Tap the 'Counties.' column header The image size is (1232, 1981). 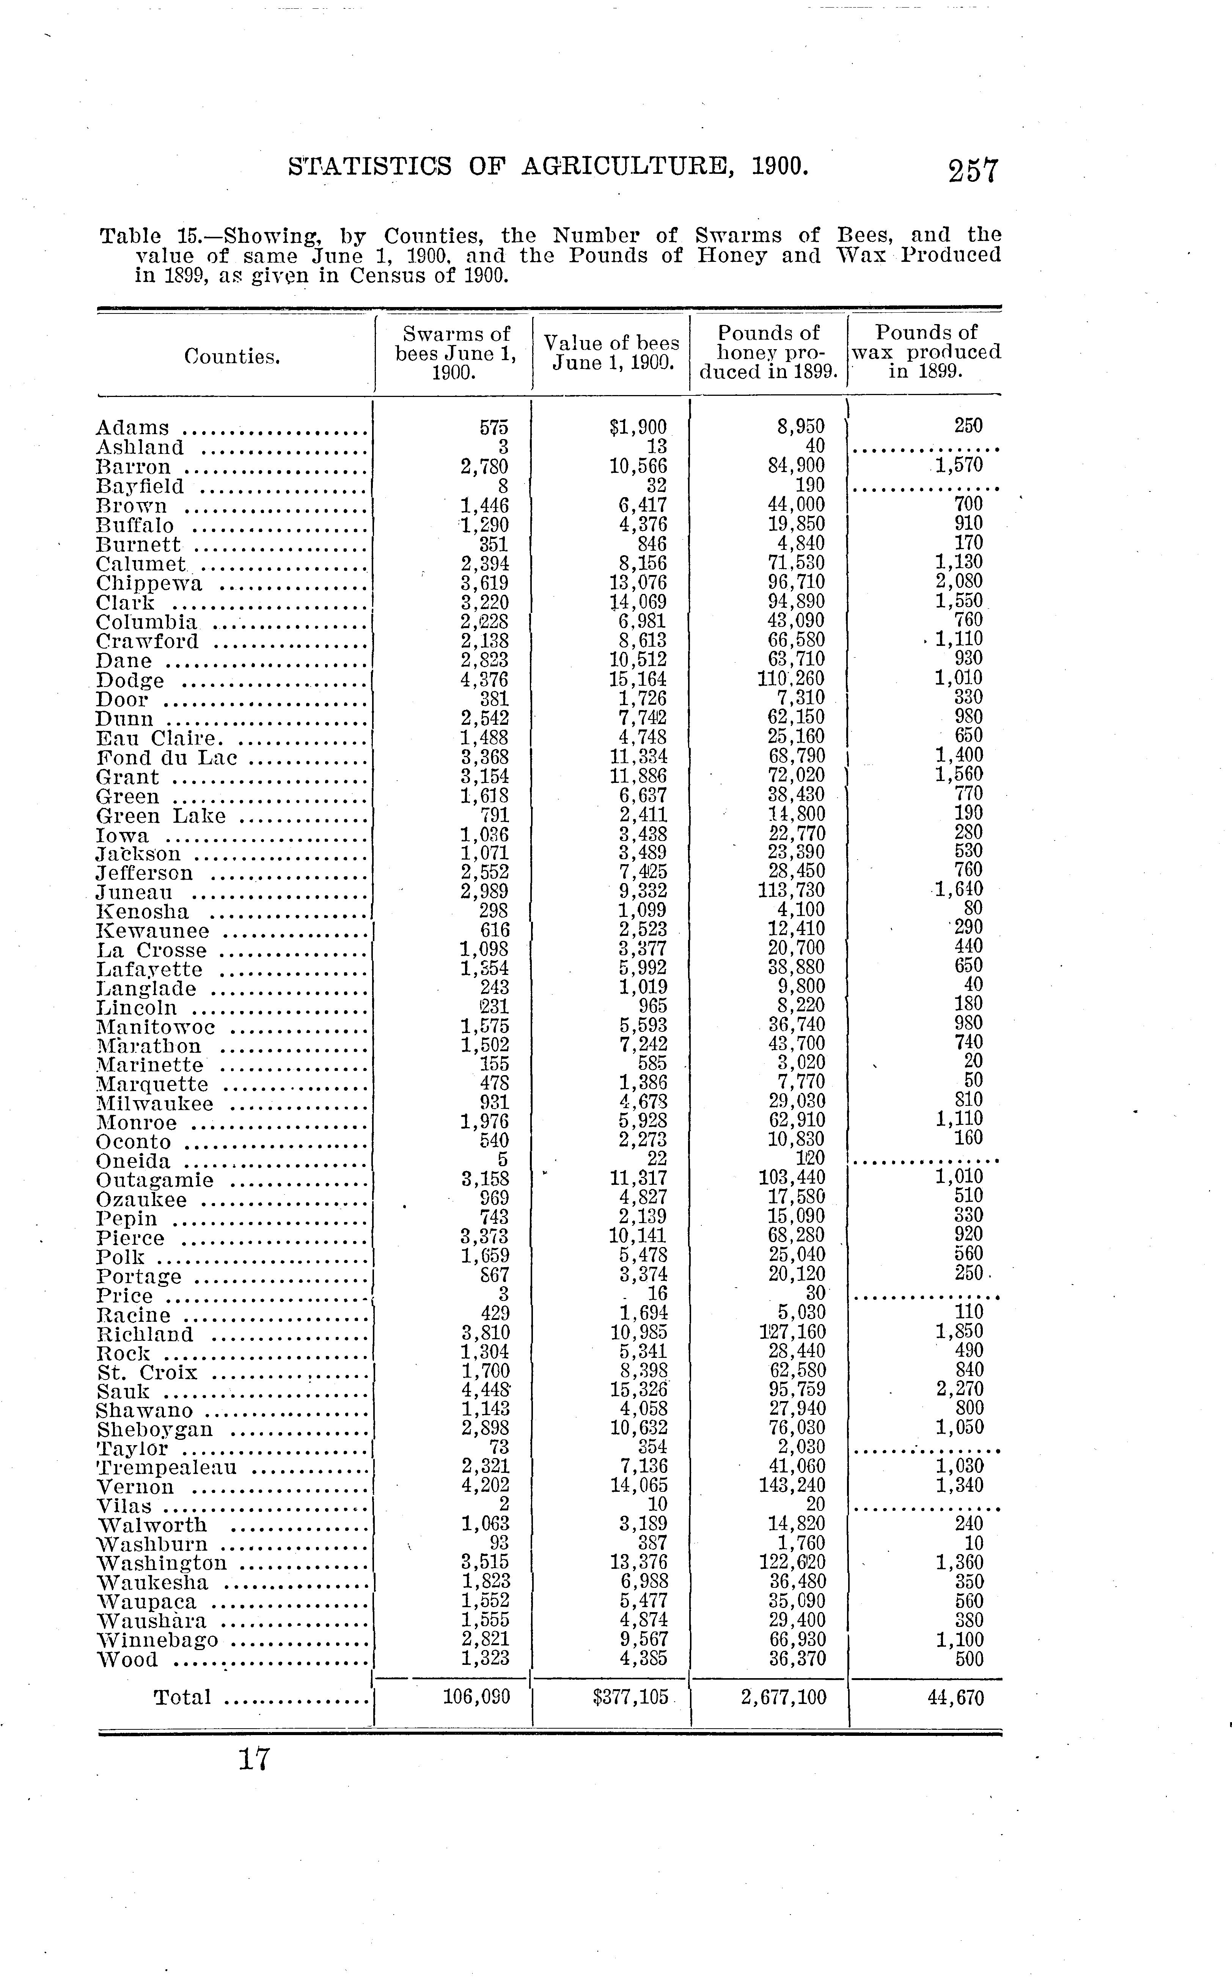click(232, 356)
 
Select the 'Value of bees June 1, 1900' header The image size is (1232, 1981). click(611, 352)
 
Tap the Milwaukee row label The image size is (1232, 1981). click(155, 1104)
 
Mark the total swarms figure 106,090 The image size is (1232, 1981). click(477, 1697)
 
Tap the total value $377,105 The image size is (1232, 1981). click(631, 1697)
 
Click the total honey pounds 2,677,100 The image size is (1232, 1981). click(784, 1697)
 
